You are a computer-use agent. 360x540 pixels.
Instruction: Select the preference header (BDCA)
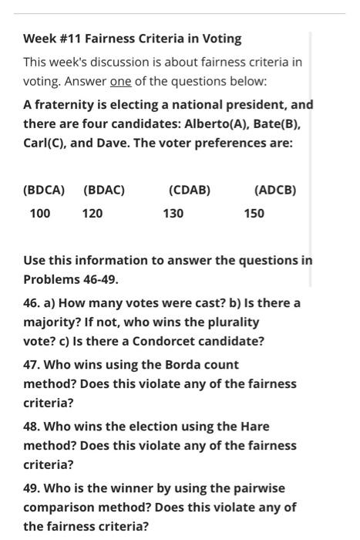pos(44,190)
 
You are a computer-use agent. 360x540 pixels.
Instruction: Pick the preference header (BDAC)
pos(104,190)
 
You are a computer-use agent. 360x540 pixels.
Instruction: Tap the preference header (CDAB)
pos(190,190)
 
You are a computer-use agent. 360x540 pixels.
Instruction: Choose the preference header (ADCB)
pos(275,190)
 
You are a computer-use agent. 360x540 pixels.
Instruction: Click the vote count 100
pos(40,213)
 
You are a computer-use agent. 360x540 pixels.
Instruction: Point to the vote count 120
pos(93,213)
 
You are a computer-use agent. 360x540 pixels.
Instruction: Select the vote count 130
pos(173,213)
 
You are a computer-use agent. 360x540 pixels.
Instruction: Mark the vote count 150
pos(254,213)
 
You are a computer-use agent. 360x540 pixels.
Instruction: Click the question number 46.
pos(32,302)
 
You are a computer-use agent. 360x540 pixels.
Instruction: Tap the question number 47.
pos(32,364)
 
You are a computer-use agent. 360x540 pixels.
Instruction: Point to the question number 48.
pos(32,426)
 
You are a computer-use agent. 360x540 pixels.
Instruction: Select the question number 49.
pos(32,488)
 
